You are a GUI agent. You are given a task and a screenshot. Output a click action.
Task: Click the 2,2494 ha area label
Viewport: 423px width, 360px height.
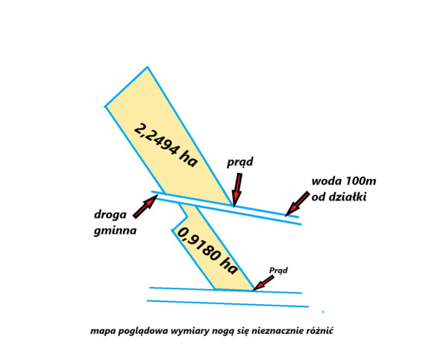[166, 145]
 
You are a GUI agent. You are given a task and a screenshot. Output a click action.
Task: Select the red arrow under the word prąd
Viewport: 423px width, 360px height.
[237, 190]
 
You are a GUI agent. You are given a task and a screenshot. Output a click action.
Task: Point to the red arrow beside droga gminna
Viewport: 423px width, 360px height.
[145, 206]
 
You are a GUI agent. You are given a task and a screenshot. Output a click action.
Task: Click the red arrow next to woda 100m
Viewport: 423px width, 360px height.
[297, 203]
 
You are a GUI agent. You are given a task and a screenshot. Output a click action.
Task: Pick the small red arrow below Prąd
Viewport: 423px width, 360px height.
[263, 283]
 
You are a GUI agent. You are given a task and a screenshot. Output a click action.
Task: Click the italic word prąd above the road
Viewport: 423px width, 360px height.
[240, 162]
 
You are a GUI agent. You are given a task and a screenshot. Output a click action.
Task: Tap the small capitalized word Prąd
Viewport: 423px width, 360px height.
[279, 271]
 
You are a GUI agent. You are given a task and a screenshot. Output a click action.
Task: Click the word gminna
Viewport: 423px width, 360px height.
[115, 231]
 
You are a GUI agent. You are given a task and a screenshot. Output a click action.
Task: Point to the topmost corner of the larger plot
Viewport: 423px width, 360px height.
[147, 67]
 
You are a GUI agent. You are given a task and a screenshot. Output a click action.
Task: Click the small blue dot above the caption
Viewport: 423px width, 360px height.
[323, 312]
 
